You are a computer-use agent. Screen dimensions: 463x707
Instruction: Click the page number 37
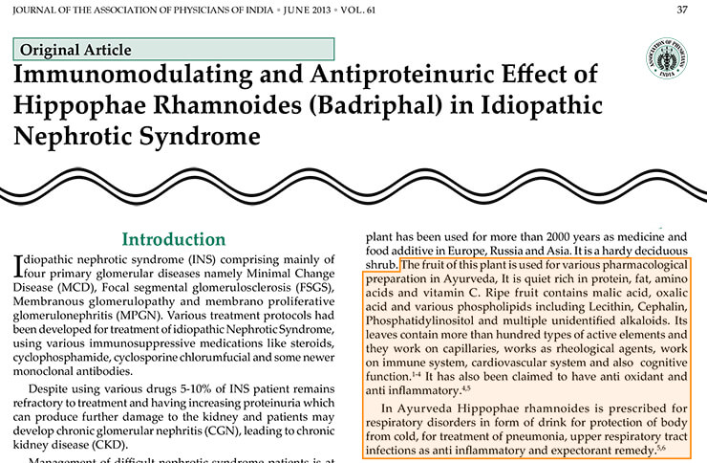click(681, 10)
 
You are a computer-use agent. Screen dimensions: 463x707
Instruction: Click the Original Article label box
click(174, 50)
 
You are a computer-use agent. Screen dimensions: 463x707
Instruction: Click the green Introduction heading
click(174, 239)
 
